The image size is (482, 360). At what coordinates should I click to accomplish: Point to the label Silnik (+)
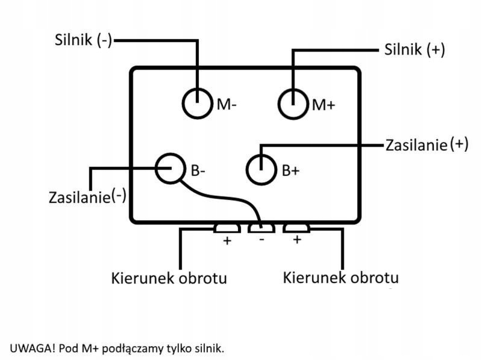pyautogui.click(x=415, y=49)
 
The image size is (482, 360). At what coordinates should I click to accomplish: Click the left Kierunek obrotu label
pyautogui.click(x=169, y=279)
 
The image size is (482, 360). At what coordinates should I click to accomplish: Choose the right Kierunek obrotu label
pyautogui.click(x=340, y=278)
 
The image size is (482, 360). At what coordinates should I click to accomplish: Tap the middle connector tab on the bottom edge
pyautogui.click(x=261, y=228)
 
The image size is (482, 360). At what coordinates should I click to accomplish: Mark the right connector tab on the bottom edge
pyautogui.click(x=296, y=228)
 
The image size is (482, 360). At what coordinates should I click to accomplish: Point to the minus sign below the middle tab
pyautogui.click(x=261, y=240)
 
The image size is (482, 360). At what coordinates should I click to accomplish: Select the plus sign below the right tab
pyautogui.click(x=296, y=240)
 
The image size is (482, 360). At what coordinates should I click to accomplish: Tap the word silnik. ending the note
pyautogui.click(x=208, y=347)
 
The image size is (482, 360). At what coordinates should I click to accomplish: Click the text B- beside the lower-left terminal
pyautogui.click(x=198, y=170)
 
